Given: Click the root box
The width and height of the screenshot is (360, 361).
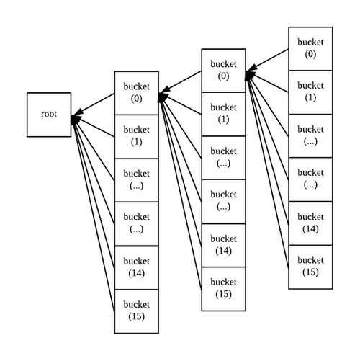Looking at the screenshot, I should tap(50, 115).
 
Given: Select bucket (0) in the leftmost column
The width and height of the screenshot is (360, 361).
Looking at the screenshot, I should tap(137, 93).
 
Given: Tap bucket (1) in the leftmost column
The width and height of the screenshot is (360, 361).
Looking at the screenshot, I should tap(137, 136).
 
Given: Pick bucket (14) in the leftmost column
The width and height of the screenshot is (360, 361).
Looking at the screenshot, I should tap(137, 267).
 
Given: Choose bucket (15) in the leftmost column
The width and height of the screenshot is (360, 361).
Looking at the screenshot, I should tap(137, 310).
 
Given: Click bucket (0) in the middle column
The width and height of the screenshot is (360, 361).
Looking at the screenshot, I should tap(223, 71).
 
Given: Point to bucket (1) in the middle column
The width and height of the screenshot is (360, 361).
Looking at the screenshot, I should tap(223, 114).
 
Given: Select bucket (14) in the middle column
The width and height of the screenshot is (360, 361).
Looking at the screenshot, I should tap(223, 244).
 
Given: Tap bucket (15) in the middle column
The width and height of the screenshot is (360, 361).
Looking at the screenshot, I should tap(223, 288).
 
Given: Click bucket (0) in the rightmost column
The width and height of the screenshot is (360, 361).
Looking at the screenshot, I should tap(310, 48).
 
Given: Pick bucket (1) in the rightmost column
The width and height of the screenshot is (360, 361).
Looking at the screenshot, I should tap(310, 92).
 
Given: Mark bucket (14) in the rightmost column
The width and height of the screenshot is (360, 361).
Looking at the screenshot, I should tap(310, 222).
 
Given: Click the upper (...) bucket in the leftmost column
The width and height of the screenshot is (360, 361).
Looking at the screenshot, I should tap(137, 179).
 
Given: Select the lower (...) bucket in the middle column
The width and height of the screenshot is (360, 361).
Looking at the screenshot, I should tap(223, 201).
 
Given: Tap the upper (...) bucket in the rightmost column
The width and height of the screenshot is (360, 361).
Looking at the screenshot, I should tap(310, 135).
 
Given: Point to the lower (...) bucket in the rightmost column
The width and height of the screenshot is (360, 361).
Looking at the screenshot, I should tap(310, 179).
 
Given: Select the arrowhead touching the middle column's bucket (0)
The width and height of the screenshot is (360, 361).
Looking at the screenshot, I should tap(250, 73).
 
